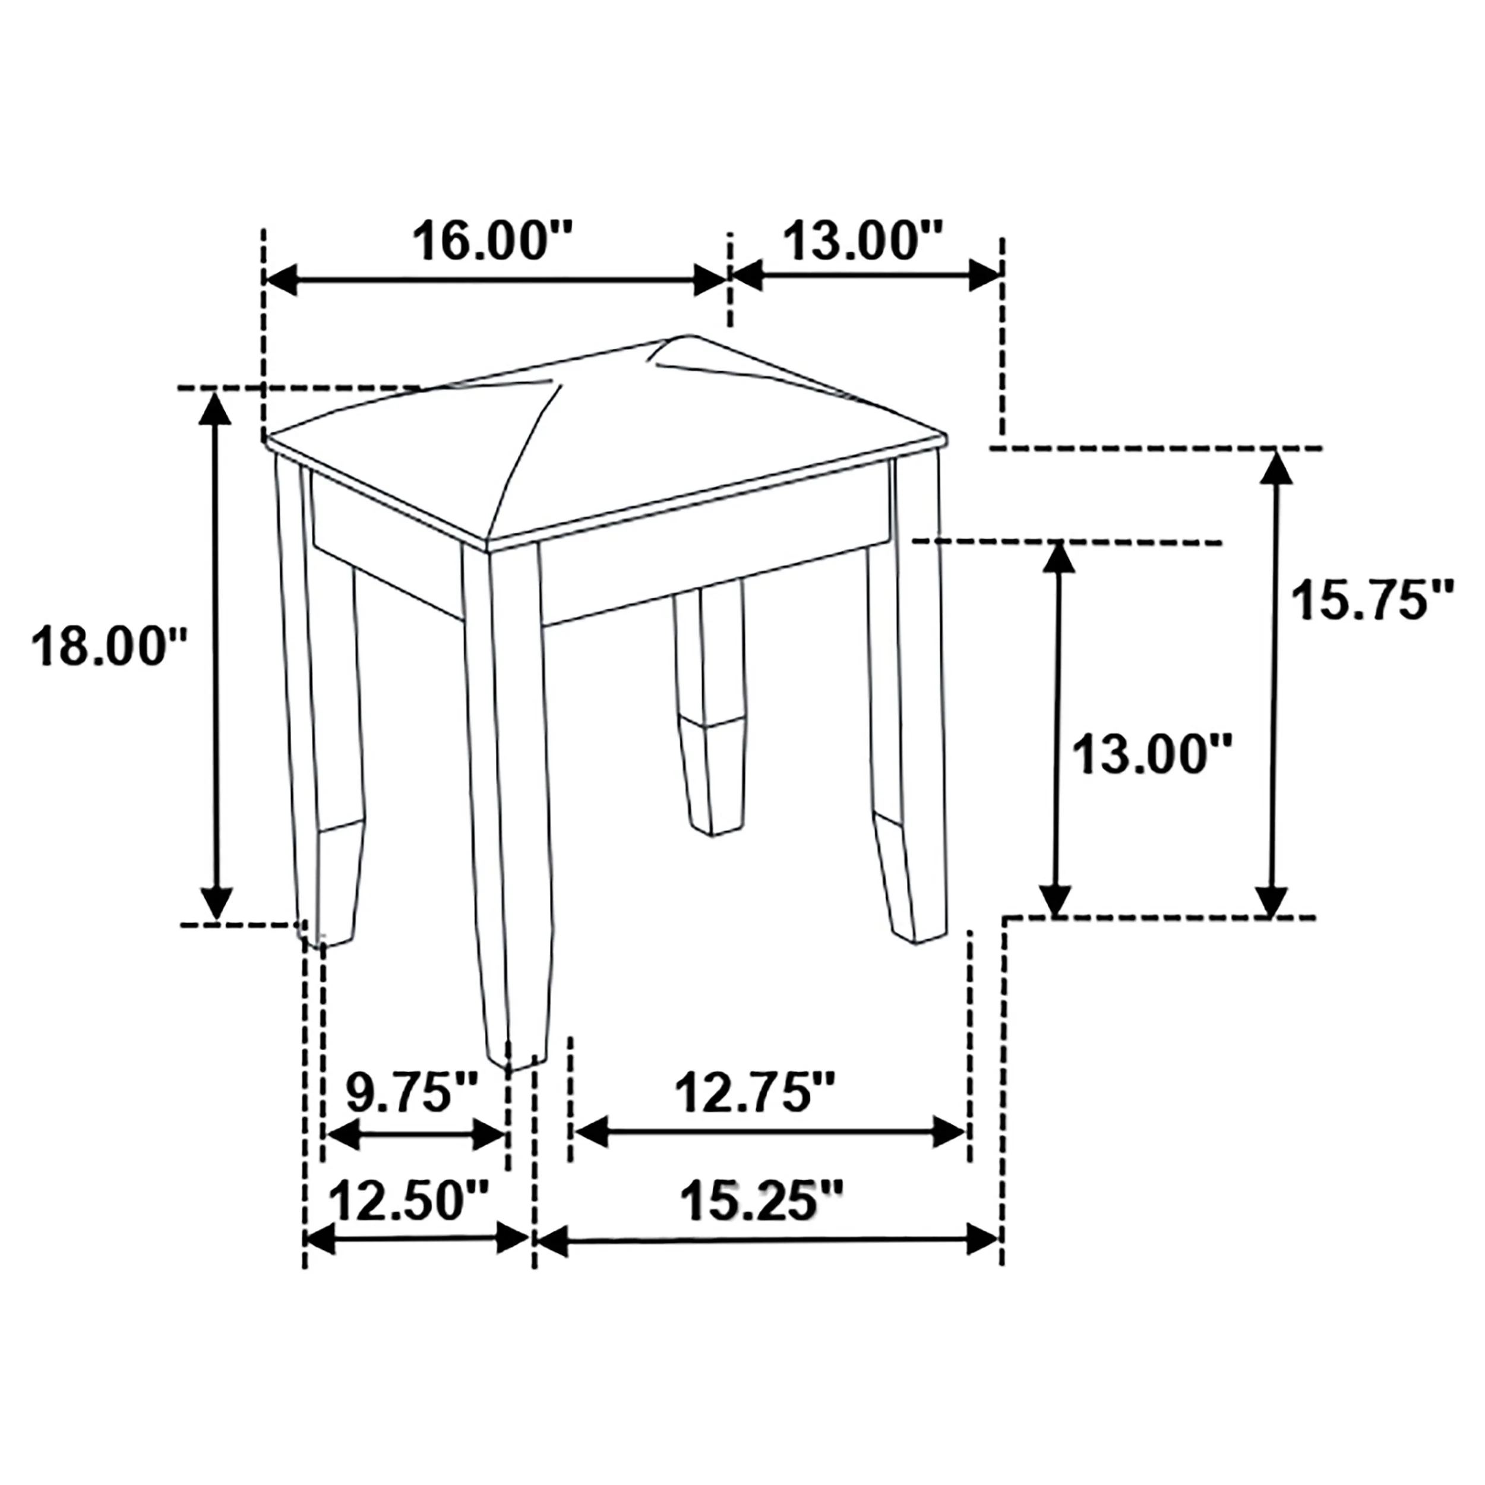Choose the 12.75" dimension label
pyautogui.click(x=754, y=1092)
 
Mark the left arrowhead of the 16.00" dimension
pyautogui.click(x=282, y=280)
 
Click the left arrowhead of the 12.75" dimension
pyautogui.click(x=592, y=1132)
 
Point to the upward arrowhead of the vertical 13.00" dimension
pyautogui.click(x=1059, y=558)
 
